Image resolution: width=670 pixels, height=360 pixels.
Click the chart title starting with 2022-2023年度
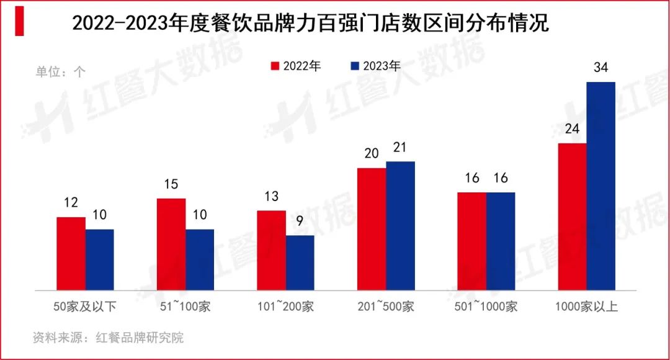[311, 24]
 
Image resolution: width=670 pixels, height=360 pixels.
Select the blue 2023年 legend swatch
[355, 66]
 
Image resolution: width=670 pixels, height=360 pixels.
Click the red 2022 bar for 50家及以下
[71, 253]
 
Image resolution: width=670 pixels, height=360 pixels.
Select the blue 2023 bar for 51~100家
[200, 259]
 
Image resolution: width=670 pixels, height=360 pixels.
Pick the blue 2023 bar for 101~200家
[300, 263]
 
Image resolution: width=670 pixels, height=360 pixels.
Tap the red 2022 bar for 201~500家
[372, 228]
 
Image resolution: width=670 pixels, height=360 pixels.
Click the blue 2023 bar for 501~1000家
[501, 241]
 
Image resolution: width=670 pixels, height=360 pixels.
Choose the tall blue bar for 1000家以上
[601, 186]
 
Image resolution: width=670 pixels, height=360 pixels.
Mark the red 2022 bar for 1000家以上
[572, 217]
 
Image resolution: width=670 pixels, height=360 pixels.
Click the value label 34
[601, 68]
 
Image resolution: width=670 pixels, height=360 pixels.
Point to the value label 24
[572, 129]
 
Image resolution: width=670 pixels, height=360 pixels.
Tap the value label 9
[300, 221]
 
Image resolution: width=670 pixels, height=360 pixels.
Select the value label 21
[400, 147]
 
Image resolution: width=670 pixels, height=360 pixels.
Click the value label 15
[171, 184]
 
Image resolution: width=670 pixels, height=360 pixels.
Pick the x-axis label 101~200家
[285, 307]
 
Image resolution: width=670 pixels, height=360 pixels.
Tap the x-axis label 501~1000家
[486, 307]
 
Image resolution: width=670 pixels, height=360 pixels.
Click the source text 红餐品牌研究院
[140, 338]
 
